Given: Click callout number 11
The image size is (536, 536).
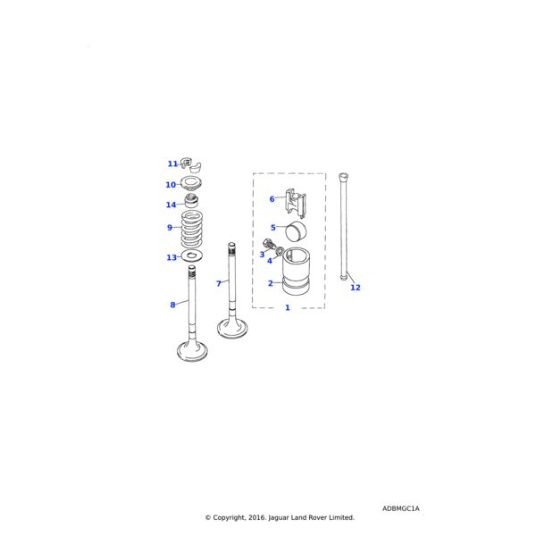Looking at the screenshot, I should pyautogui.click(x=172, y=163).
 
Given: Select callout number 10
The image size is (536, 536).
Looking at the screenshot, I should pyautogui.click(x=171, y=185).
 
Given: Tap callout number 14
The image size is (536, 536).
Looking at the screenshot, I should pyautogui.click(x=171, y=205).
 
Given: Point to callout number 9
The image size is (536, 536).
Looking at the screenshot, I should pyautogui.click(x=169, y=228).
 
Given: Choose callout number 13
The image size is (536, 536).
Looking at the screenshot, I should pyautogui.click(x=172, y=257).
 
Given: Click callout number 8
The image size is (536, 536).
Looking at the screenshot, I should pyautogui.click(x=172, y=305).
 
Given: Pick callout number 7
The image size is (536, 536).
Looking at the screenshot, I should pyautogui.click(x=218, y=283).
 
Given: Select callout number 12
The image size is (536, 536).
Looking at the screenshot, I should pyautogui.click(x=356, y=288).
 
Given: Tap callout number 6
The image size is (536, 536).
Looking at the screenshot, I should pyautogui.click(x=272, y=199).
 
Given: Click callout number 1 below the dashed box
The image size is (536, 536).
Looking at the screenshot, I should pyautogui.click(x=287, y=307).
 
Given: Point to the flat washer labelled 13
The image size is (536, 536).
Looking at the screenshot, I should pyautogui.click(x=192, y=256).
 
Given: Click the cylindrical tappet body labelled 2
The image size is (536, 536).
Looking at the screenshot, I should pyautogui.click(x=295, y=273).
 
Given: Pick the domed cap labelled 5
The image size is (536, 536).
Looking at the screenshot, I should pyautogui.click(x=293, y=231).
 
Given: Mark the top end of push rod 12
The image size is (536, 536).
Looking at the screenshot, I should pyautogui.click(x=343, y=175).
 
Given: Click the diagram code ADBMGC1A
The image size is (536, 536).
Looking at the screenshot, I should pyautogui.click(x=400, y=508).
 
